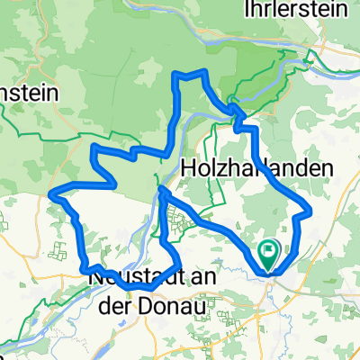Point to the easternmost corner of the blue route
point(310,211)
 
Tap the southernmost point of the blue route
point(144,290)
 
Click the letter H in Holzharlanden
point(189,167)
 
